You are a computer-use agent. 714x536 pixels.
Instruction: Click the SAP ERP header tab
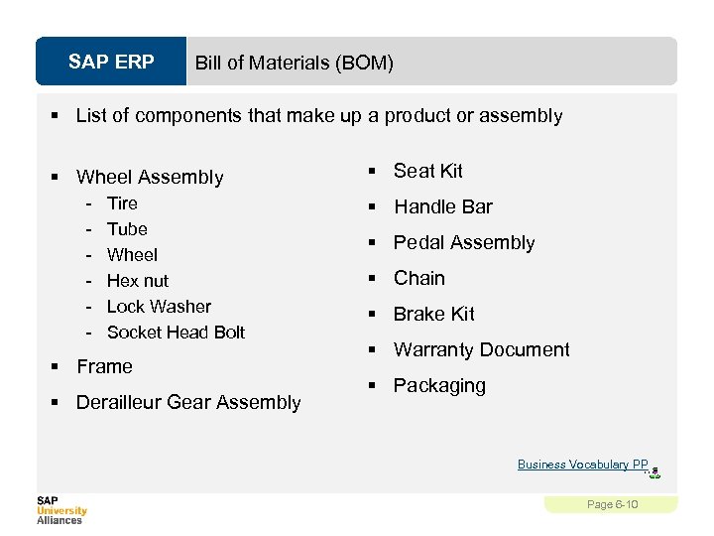coord(111,63)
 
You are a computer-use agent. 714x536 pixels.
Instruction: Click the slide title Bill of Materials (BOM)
coord(294,64)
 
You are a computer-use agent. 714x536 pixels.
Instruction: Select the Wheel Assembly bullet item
coord(150,178)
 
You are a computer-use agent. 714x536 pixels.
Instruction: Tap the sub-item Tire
coord(122,203)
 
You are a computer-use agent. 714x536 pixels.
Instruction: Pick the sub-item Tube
coord(127,229)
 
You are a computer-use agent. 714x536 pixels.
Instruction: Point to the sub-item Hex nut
coord(137,281)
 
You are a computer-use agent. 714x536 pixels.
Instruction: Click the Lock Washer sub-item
coord(159,307)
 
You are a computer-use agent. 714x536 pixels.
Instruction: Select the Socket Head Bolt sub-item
coord(176,333)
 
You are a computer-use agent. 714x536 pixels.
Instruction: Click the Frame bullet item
coord(104,367)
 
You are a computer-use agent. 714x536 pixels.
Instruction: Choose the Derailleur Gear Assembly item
coord(188,403)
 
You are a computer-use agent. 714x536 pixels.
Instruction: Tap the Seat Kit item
coord(427,172)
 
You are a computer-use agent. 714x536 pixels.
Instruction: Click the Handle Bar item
coord(442,207)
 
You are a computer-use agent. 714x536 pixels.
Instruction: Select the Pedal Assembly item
coord(463,243)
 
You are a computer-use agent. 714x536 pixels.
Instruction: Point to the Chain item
coord(418,279)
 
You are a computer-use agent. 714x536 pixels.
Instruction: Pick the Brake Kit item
coord(433,315)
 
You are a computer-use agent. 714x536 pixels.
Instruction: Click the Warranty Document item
coord(481,350)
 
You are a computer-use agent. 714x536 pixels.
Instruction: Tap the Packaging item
coord(439,386)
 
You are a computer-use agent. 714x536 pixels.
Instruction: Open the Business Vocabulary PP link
coord(582,465)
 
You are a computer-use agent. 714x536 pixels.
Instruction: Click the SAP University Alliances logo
coord(61,509)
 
